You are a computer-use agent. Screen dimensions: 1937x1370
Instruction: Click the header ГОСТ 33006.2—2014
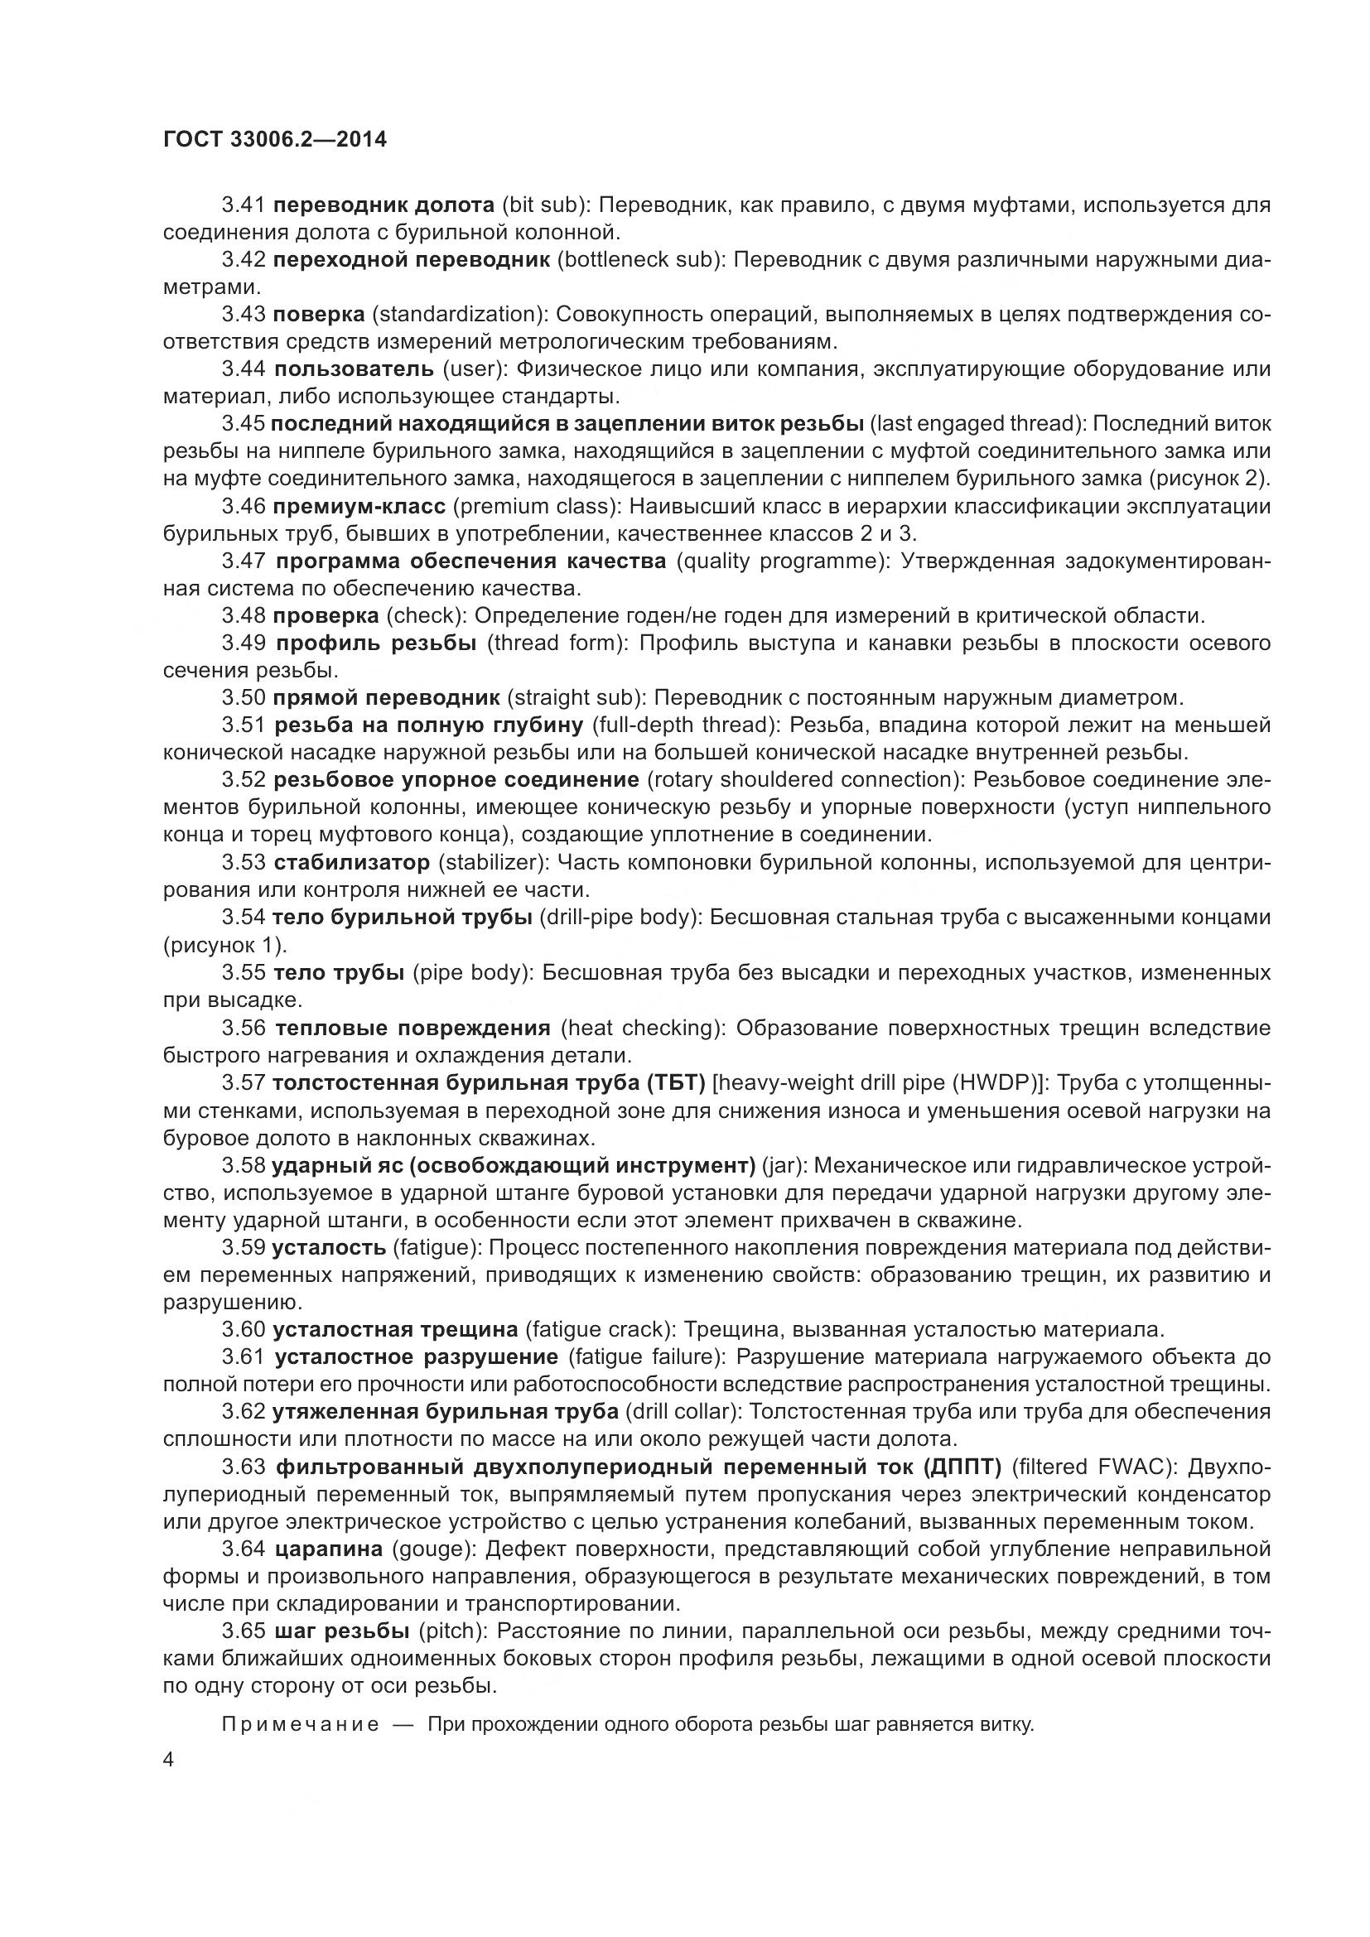pyautogui.click(x=275, y=139)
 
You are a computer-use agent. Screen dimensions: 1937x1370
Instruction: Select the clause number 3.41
pyautogui.click(x=244, y=205)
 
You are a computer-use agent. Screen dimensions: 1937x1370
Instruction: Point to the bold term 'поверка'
pyautogui.click(x=319, y=315)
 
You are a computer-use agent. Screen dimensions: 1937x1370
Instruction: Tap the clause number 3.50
pyautogui.click(x=244, y=697)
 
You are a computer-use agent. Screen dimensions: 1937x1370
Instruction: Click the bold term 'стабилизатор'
pyautogui.click(x=352, y=862)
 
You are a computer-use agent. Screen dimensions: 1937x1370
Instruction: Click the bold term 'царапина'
pyautogui.click(x=329, y=1549)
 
